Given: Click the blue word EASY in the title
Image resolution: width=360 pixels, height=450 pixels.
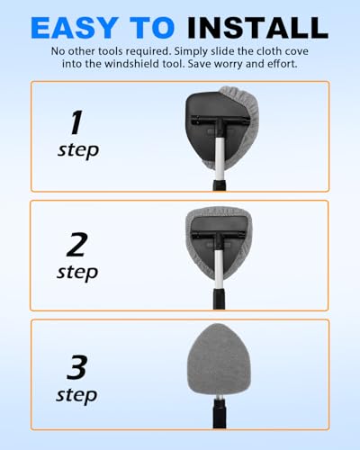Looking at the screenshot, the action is coord(75,28).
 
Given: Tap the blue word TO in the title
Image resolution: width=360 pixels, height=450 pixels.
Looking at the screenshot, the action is coord(152,28).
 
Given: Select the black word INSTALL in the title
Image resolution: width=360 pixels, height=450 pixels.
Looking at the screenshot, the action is coord(257,28).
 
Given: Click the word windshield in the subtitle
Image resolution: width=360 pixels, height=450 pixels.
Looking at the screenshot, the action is coord(144,64).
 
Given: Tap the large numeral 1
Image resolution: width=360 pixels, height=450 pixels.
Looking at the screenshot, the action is coord(76,122).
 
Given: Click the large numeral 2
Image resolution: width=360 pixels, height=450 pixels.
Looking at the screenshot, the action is coord(77,245).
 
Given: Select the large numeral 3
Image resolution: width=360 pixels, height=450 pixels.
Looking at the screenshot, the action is coord(77,366).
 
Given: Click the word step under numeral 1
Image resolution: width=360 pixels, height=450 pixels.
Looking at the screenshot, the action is coord(78,150).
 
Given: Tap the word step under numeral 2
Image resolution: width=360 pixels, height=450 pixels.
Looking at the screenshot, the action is coord(77,273).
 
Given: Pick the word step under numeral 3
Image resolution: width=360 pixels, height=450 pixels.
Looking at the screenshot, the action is coord(76,396).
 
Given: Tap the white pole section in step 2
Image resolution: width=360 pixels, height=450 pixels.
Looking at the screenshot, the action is coord(219,269).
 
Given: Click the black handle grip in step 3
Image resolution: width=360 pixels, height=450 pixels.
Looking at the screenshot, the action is coord(220,414).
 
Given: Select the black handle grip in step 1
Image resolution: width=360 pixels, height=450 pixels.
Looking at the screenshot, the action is coord(220,184).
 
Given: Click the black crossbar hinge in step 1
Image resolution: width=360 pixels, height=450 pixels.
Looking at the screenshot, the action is coord(220,121).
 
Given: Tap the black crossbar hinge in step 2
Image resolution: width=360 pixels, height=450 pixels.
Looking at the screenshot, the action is coord(219,236).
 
